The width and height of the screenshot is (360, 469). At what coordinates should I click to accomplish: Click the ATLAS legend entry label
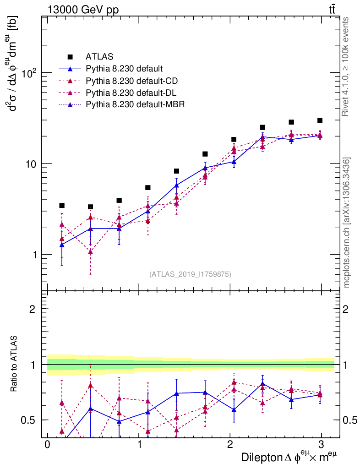(99, 57)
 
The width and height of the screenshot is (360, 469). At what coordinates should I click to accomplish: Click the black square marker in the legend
(70, 57)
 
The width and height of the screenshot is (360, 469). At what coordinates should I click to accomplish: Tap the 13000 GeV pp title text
(82, 9)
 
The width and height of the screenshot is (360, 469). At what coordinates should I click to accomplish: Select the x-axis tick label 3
(322, 445)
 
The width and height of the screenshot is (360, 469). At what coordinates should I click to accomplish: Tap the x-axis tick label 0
(47, 445)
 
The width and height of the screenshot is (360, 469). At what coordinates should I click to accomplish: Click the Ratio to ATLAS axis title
(15, 364)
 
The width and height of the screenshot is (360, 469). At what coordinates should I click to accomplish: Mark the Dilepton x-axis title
(291, 457)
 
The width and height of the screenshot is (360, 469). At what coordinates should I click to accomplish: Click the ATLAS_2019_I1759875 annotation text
(190, 274)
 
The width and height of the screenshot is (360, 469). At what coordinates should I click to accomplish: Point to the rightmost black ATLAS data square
(320, 120)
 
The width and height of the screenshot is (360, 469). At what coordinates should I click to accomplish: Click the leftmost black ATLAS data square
(62, 206)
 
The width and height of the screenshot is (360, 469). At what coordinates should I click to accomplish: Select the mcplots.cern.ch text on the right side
(347, 222)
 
